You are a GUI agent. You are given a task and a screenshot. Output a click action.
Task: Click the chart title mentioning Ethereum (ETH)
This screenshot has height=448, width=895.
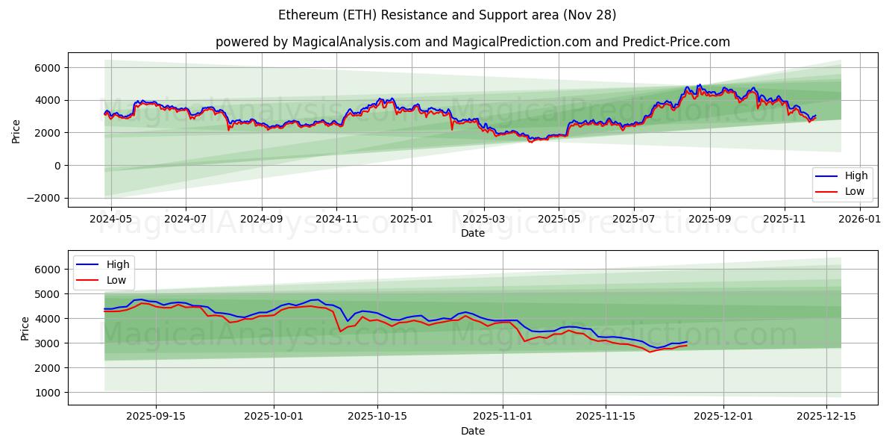447,15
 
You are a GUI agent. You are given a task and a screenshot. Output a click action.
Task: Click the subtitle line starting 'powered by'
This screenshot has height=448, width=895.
472,42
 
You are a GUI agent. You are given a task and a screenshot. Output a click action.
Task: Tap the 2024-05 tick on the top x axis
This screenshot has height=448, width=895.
110,219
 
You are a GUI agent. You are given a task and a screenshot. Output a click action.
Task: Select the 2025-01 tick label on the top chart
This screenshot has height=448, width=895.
412,219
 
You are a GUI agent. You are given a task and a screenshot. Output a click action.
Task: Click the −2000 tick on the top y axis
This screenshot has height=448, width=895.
45,198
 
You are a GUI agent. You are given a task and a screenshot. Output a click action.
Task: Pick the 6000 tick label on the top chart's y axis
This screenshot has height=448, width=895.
50,68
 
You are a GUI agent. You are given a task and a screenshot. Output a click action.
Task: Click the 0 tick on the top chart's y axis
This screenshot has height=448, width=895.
58,166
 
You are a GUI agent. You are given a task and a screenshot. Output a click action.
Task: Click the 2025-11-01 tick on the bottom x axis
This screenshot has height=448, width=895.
501,417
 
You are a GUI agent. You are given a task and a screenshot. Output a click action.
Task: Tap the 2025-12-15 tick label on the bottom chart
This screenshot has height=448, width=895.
826,417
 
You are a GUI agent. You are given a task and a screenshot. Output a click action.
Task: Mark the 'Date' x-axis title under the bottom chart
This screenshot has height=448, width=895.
472,431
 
